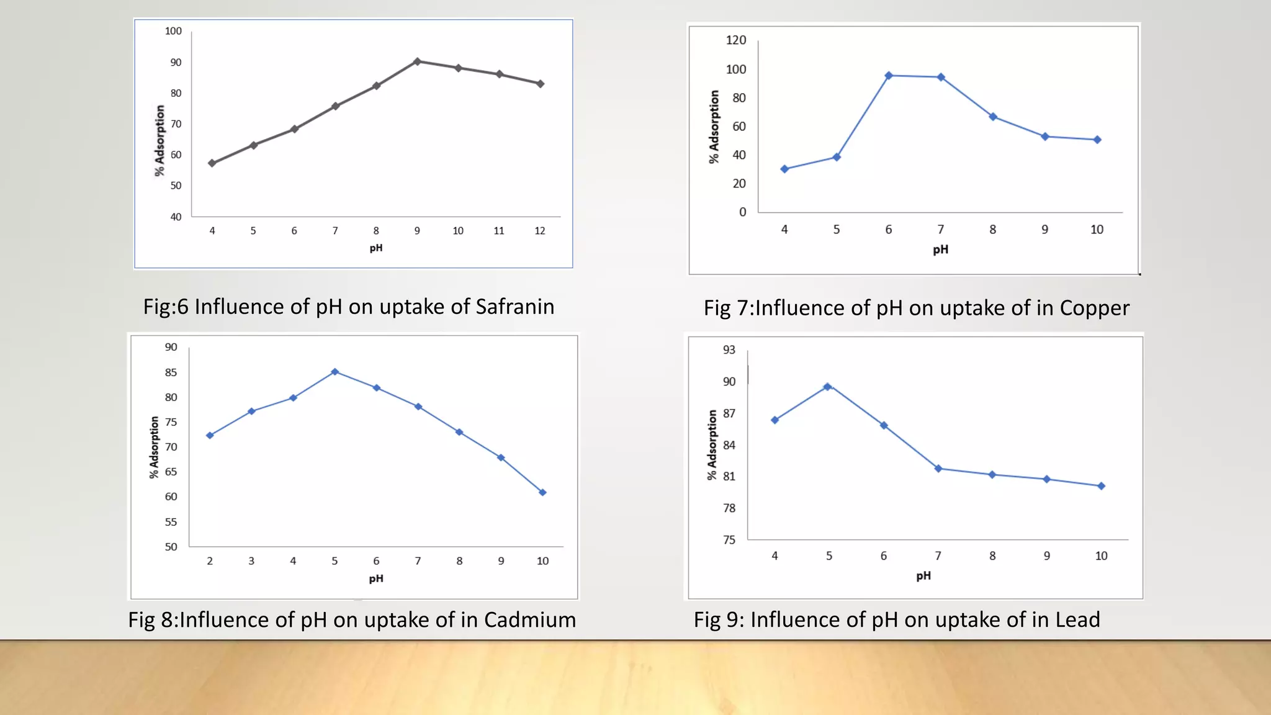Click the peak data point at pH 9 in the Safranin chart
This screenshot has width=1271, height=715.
click(417, 61)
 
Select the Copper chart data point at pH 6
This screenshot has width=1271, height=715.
click(889, 76)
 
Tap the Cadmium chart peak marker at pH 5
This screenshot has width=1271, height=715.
click(335, 372)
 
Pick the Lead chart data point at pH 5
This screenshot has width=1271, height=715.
click(827, 387)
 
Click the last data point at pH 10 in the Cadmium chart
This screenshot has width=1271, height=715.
click(542, 492)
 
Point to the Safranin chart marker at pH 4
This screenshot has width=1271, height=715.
click(212, 163)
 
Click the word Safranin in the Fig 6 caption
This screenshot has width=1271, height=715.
click(514, 307)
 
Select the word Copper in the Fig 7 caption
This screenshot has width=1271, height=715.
click(1094, 308)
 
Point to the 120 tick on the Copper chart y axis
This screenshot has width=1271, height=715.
click(736, 40)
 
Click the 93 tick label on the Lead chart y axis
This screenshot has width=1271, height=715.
click(729, 350)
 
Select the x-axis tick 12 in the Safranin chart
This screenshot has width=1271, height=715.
click(540, 231)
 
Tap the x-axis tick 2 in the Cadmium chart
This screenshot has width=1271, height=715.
click(210, 561)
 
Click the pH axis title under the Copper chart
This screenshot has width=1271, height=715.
click(940, 250)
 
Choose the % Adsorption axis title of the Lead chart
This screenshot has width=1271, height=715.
click(712, 444)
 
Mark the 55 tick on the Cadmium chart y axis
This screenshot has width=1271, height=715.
click(171, 522)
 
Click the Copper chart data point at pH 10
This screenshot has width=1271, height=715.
click(1097, 140)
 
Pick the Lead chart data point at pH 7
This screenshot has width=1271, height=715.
click(938, 469)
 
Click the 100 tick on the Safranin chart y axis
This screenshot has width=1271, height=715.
click(173, 31)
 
